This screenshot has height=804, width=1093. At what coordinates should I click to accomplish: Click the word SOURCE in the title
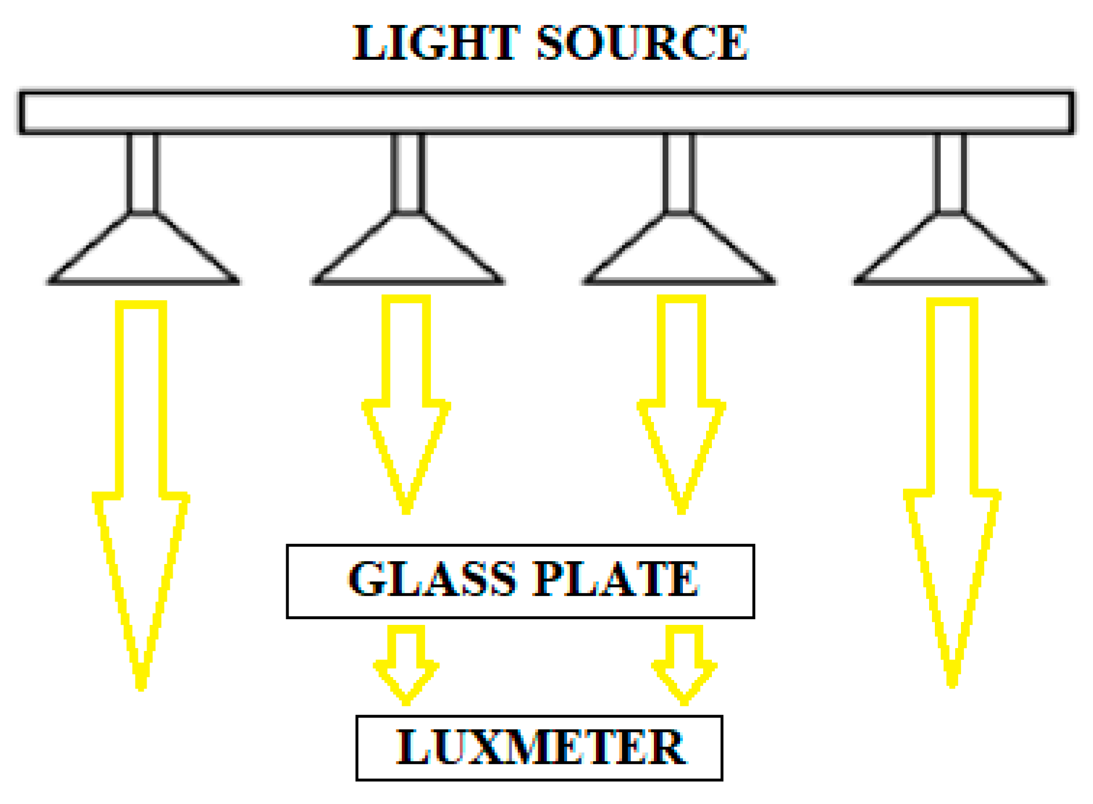(x=642, y=43)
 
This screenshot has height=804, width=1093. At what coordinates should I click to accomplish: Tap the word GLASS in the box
(x=432, y=579)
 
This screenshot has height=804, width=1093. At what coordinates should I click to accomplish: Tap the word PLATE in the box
(x=615, y=579)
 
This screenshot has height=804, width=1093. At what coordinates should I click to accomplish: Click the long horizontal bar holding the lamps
(x=546, y=112)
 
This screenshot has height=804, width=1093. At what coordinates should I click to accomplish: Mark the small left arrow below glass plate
(x=406, y=667)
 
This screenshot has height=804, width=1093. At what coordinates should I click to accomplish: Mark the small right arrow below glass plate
(x=684, y=667)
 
